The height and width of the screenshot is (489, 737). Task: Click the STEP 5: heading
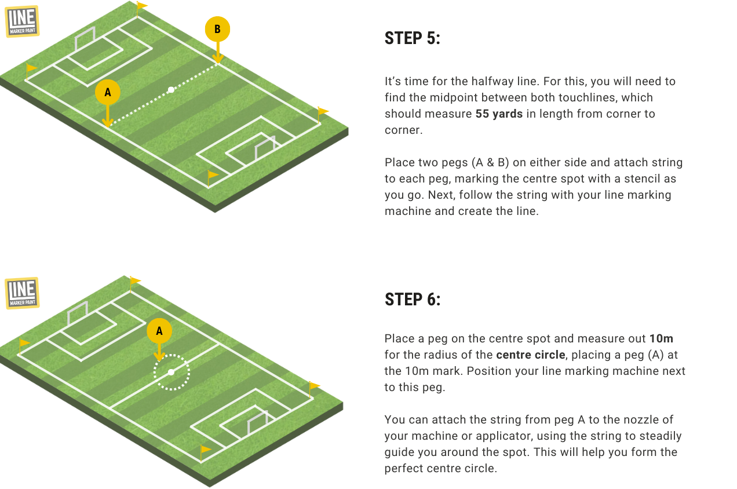tap(413, 38)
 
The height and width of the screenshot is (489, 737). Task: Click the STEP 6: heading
tap(413, 300)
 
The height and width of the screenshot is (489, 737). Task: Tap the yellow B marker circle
tap(217, 29)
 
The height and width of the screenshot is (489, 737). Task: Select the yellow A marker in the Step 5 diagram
tap(108, 93)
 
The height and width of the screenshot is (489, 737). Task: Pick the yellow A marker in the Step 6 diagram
tap(159, 331)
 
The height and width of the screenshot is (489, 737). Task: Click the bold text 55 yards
tap(499, 114)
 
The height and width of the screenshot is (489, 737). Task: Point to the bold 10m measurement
tap(661, 338)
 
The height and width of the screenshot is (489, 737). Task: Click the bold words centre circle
tap(530, 355)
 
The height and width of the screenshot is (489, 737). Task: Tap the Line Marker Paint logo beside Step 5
tap(22, 21)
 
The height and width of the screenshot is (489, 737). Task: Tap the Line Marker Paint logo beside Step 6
tap(22, 293)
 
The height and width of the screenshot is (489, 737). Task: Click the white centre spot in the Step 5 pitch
tap(171, 90)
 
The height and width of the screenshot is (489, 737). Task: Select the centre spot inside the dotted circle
tap(171, 372)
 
